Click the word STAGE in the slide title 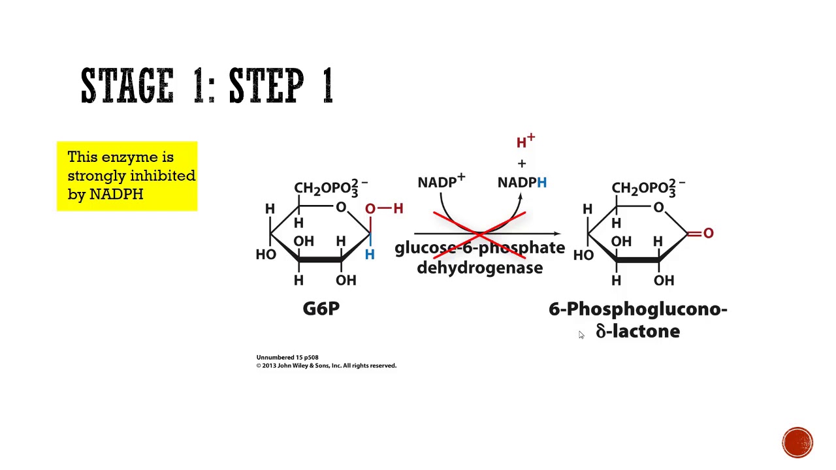[x=128, y=86]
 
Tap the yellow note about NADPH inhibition [x=127, y=176]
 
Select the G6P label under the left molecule [x=321, y=309]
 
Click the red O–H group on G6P [x=384, y=208]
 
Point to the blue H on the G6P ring [x=370, y=255]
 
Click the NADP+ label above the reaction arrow [x=441, y=182]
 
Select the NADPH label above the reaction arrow [x=522, y=183]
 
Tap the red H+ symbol [x=525, y=142]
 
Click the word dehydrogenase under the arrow [x=479, y=268]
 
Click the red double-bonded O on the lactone [x=708, y=233]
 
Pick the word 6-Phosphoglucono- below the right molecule [x=637, y=309]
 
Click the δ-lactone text [x=637, y=332]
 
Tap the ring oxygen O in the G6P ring [x=340, y=208]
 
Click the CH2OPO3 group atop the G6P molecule [x=330, y=188]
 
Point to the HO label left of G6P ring [x=266, y=255]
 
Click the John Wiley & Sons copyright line [x=326, y=366]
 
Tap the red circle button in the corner [x=797, y=442]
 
